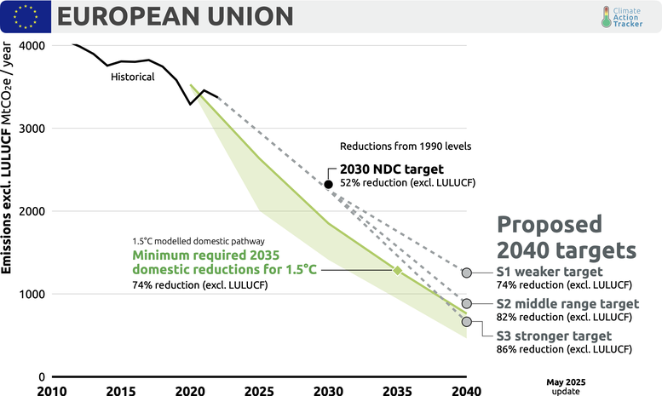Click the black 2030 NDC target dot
click(328, 184)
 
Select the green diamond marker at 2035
click(397, 270)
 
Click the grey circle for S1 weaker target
click(467, 273)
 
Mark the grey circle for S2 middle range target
click(467, 303)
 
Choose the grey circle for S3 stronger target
click(467, 322)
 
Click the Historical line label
click(133, 77)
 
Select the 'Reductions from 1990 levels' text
click(405, 146)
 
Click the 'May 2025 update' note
click(565, 386)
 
